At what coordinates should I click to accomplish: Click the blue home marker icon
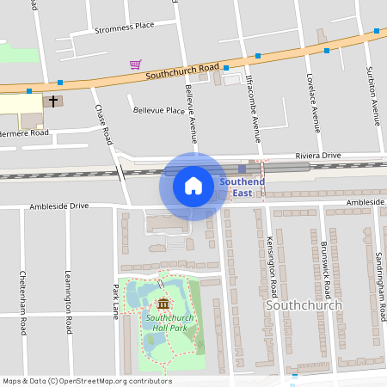tap(193, 186)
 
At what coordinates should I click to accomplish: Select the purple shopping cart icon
tap(136, 64)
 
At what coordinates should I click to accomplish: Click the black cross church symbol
tap(53, 101)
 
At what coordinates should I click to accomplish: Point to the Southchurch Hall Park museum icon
tap(163, 304)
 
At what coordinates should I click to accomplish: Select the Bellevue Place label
tap(159, 110)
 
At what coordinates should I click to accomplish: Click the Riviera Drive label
tap(318, 155)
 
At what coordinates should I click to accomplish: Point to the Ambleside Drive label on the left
tap(59, 206)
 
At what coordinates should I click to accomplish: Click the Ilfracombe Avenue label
tap(254, 107)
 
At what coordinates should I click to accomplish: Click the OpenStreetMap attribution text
tap(87, 381)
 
